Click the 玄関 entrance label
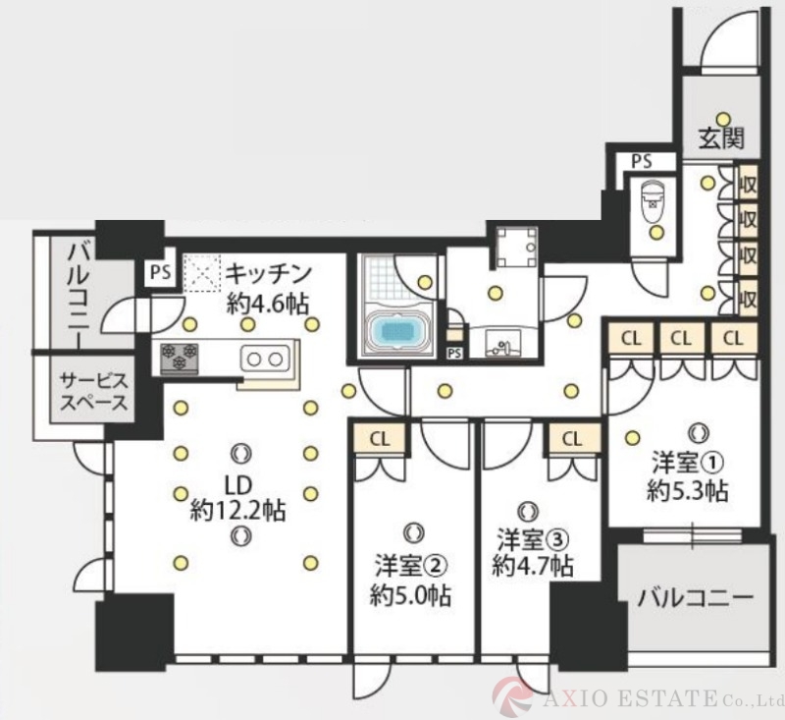point(721,138)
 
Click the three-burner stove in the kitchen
point(180,356)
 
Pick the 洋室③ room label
point(532,538)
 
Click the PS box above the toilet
point(641,161)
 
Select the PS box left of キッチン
point(159,272)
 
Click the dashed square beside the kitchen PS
point(201,272)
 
